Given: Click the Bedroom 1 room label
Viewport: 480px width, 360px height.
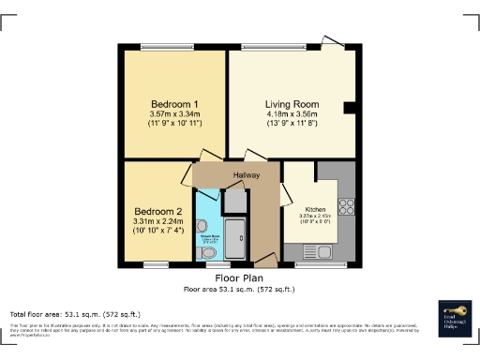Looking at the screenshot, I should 171,103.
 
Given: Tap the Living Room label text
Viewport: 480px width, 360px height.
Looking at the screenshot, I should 292,103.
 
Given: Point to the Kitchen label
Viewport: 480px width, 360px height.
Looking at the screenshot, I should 316,209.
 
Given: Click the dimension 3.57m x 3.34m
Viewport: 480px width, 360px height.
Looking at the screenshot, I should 171,113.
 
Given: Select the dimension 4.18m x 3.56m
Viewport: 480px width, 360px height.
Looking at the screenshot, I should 292,113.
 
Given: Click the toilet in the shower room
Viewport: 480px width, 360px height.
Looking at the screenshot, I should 208,253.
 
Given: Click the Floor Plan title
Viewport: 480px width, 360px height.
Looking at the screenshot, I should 239,278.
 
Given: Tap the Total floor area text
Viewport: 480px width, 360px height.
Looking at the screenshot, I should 75,313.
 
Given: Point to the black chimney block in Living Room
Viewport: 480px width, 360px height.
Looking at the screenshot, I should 350,108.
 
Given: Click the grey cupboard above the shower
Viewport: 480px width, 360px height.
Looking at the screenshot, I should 235,201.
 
